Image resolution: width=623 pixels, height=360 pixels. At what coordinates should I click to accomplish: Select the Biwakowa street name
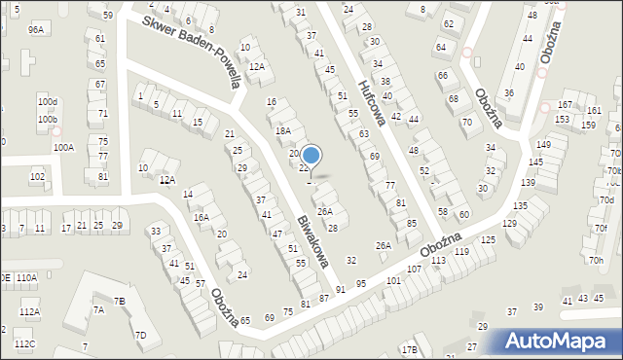(311, 239)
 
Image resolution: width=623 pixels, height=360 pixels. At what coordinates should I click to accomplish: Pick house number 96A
(36, 30)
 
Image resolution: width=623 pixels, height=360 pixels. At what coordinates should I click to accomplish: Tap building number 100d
(48, 102)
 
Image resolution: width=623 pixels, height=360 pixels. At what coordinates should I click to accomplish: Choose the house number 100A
(64, 148)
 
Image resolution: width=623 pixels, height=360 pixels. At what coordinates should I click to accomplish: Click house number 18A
(282, 130)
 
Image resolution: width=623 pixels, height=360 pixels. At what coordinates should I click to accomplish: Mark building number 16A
(201, 218)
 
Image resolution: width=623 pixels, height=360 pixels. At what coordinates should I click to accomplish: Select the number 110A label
(26, 278)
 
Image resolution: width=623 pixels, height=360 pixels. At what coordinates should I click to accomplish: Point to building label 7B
(119, 302)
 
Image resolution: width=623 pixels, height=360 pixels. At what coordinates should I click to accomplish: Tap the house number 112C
(24, 344)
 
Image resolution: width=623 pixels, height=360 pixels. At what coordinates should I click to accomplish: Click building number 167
(565, 105)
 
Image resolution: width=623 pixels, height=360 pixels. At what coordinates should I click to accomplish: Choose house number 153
(562, 120)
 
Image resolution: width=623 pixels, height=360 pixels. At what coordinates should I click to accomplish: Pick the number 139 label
(529, 183)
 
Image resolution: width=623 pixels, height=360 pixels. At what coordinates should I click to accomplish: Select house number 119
(461, 252)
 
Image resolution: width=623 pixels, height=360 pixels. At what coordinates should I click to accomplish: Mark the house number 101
(393, 280)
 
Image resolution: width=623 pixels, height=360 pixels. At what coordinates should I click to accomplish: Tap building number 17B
(410, 349)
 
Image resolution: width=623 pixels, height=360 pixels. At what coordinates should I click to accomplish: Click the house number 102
(37, 177)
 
